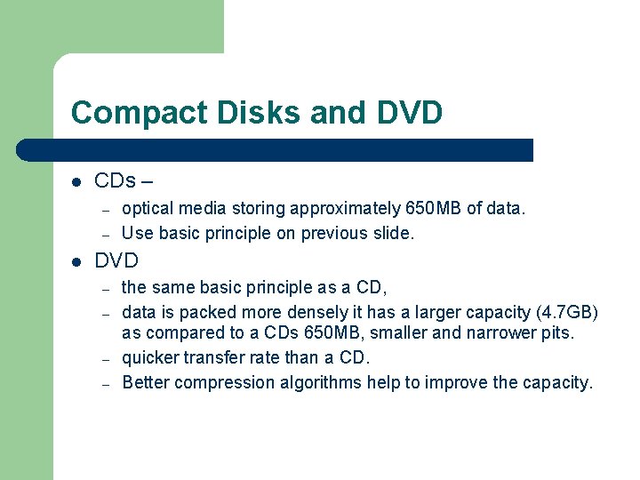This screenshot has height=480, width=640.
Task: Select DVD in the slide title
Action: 409,113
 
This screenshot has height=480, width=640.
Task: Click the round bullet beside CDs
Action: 76,181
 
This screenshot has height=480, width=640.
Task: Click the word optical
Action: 148,209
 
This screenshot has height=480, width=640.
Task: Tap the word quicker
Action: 149,358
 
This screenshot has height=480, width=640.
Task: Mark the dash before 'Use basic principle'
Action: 105,235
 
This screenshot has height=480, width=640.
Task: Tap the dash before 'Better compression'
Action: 105,384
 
